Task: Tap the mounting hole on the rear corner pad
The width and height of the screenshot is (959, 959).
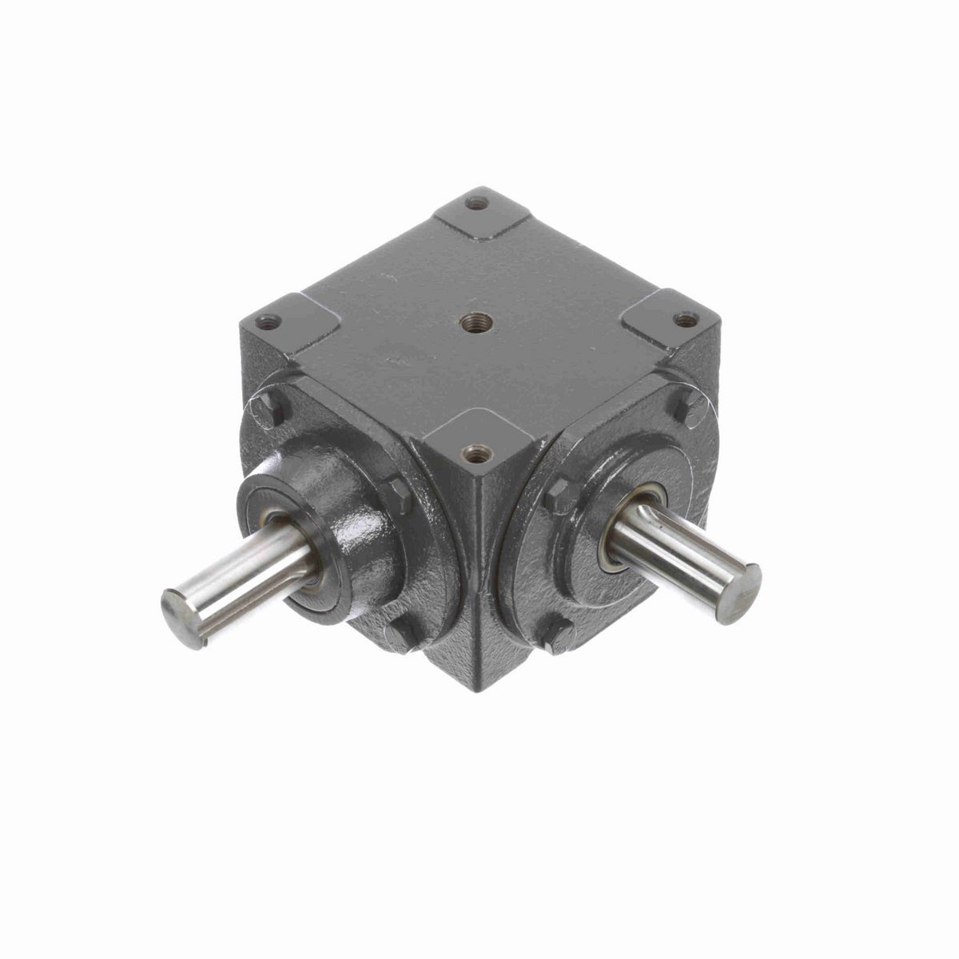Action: (x=477, y=204)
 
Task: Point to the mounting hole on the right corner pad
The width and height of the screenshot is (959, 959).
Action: (x=684, y=320)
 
